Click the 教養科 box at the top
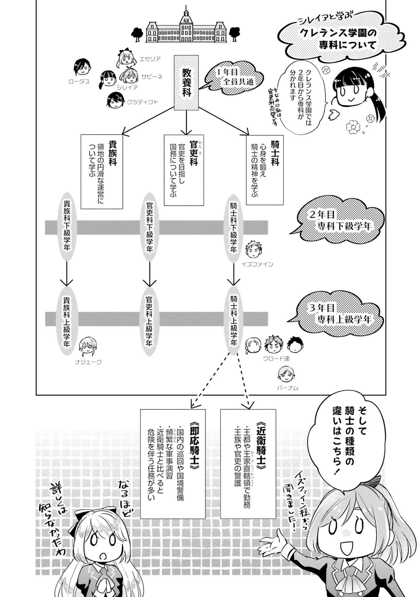pyautogui.click(x=186, y=83)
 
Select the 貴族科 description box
pyautogui.click(x=102, y=171)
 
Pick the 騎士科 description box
pyautogui.click(x=265, y=170)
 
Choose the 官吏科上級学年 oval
pyautogui.click(x=149, y=321)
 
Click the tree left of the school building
pyautogui.click(x=137, y=34)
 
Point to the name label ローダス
pyautogui.click(x=79, y=82)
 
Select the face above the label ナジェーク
pyautogui.click(x=87, y=346)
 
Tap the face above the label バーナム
pyautogui.click(x=286, y=374)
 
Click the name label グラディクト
pyautogui.click(x=142, y=102)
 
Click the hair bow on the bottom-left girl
pyautogui.click(x=77, y=525)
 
